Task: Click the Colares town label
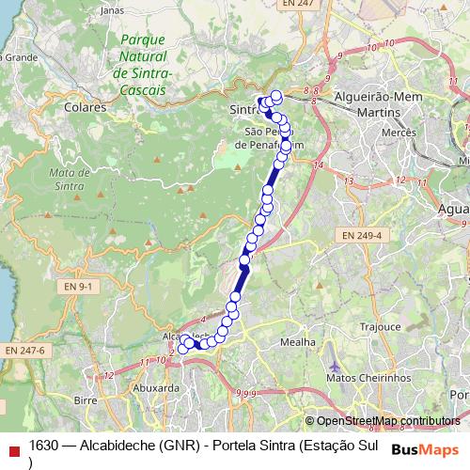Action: [86, 108]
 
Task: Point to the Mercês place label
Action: [399, 134]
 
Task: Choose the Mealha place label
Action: [298, 343]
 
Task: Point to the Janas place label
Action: [112, 9]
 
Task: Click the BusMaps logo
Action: [424, 448]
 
